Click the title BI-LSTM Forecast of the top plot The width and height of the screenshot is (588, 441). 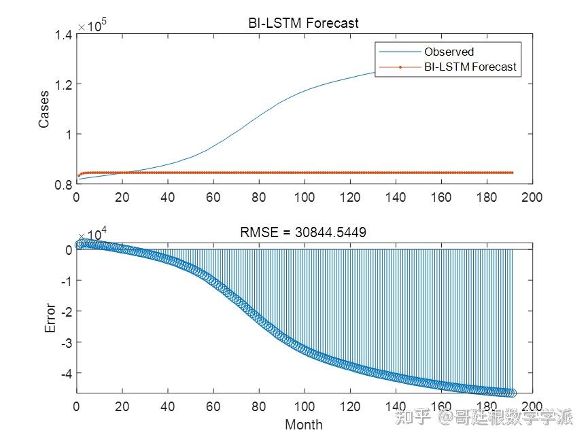pyautogui.click(x=303, y=23)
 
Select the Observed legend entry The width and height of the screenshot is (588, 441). pyautogui.click(x=449, y=52)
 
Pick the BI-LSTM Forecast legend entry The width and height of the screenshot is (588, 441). pyautogui.click(x=470, y=67)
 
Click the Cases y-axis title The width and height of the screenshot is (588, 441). pyautogui.click(x=44, y=109)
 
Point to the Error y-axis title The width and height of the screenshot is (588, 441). pyautogui.click(x=50, y=318)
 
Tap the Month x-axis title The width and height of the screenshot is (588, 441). pyautogui.click(x=303, y=425)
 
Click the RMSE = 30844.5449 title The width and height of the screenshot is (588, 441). pyautogui.click(x=303, y=233)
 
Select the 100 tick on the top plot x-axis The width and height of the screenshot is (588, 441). pyautogui.click(x=304, y=198)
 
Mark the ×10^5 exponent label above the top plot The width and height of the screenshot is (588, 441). pyautogui.click(x=92, y=25)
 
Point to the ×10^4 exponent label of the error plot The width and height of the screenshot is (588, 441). pyautogui.click(x=92, y=234)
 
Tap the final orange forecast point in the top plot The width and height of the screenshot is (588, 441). pyautogui.click(x=512, y=173)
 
